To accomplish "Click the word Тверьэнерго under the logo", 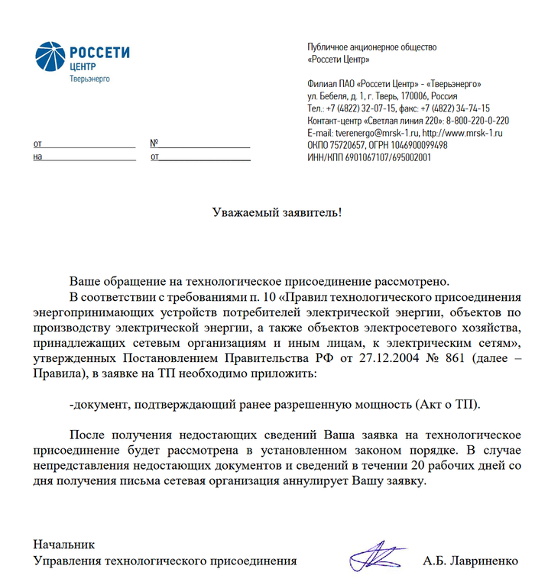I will (89, 79).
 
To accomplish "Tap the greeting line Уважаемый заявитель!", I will (277, 212).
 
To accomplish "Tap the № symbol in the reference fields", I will (154, 143).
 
